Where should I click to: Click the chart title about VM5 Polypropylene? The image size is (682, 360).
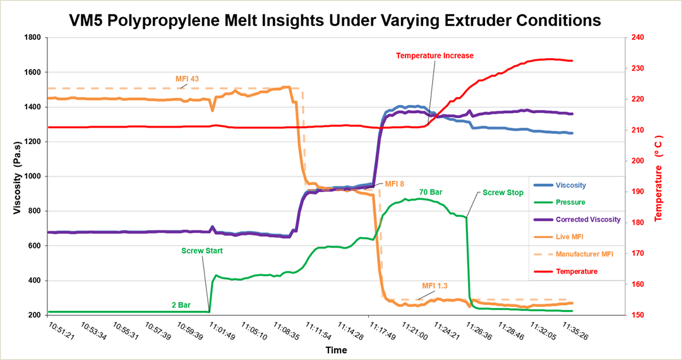[335, 20]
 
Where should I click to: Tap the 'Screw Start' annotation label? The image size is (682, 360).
[202, 251]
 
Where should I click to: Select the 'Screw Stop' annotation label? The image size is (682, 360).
[503, 193]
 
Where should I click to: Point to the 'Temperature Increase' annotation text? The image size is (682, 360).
[434, 56]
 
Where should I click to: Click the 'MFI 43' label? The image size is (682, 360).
[187, 79]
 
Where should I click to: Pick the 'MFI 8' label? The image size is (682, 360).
[395, 184]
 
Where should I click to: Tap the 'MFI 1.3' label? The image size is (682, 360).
[434, 285]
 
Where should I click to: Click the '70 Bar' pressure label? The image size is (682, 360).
[431, 192]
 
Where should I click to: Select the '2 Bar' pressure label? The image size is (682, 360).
[181, 305]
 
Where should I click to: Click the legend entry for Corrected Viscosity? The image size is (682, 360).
[577, 220]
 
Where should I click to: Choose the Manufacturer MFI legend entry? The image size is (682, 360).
[573, 254]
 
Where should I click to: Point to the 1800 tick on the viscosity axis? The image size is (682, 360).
[33, 38]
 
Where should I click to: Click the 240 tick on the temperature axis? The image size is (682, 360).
[638, 38]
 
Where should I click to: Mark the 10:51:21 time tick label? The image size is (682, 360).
[61, 331]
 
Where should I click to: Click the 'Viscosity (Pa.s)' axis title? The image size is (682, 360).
[17, 177]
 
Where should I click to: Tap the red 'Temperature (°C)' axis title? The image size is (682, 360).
[659, 178]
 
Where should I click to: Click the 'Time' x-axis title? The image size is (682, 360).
[336, 350]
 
